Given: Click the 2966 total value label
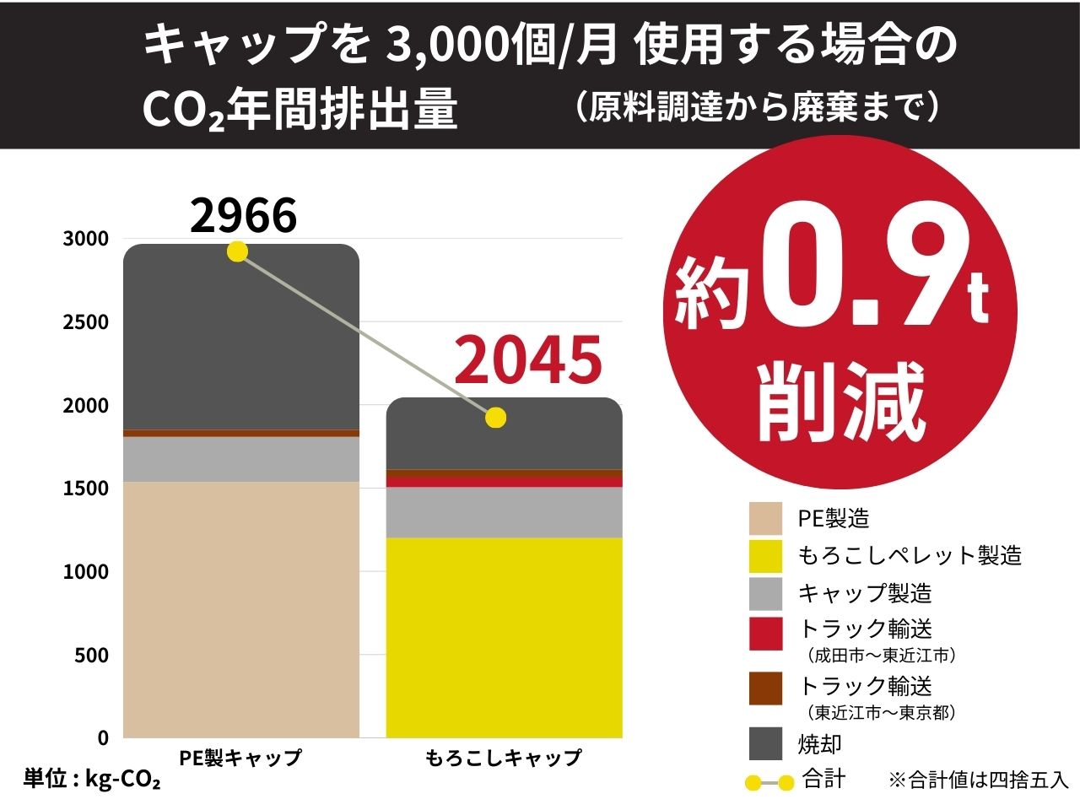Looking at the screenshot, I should coord(243,216).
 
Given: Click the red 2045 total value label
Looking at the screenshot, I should coord(528,359).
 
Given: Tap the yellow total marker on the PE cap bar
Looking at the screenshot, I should coord(238,251).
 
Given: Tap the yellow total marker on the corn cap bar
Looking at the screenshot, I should coord(496,418).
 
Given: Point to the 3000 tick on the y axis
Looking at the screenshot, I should coord(86,239).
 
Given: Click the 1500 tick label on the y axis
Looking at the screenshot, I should coord(86,489).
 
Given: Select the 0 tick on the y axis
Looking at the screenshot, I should coord(103,738).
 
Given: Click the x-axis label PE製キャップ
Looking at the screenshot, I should coord(240,758).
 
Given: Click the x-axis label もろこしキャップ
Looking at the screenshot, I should coord(504,758).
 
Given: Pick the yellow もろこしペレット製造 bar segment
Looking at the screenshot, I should coord(504,637).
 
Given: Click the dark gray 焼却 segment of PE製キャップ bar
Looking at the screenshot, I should coord(241,337).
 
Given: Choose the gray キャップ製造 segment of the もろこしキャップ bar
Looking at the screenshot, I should coord(504,512).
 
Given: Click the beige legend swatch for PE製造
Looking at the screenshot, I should coord(765,518).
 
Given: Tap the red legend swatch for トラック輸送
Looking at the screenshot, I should coord(765,634).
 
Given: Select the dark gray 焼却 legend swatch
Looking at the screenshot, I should coord(765,744).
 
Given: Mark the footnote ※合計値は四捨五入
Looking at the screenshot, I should coord(978,780).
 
